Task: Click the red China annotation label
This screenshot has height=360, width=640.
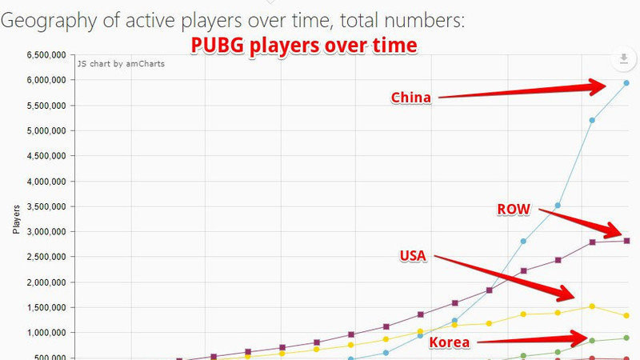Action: click(x=410, y=98)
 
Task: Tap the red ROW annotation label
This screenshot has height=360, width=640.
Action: click(x=513, y=210)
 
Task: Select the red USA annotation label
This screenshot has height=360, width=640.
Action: click(x=413, y=256)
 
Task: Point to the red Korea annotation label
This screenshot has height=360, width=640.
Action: click(x=450, y=343)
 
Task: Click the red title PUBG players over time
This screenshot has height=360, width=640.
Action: click(x=303, y=45)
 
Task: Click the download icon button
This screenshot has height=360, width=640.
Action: click(x=622, y=59)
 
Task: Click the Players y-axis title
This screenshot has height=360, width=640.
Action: click(x=16, y=218)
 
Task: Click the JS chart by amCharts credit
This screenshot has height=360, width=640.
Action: click(x=121, y=63)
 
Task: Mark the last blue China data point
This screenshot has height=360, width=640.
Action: click(x=626, y=83)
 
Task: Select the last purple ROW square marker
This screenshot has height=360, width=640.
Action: click(x=626, y=240)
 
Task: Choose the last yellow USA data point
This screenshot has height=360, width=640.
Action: click(x=626, y=315)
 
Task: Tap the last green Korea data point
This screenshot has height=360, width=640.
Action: click(x=626, y=338)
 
